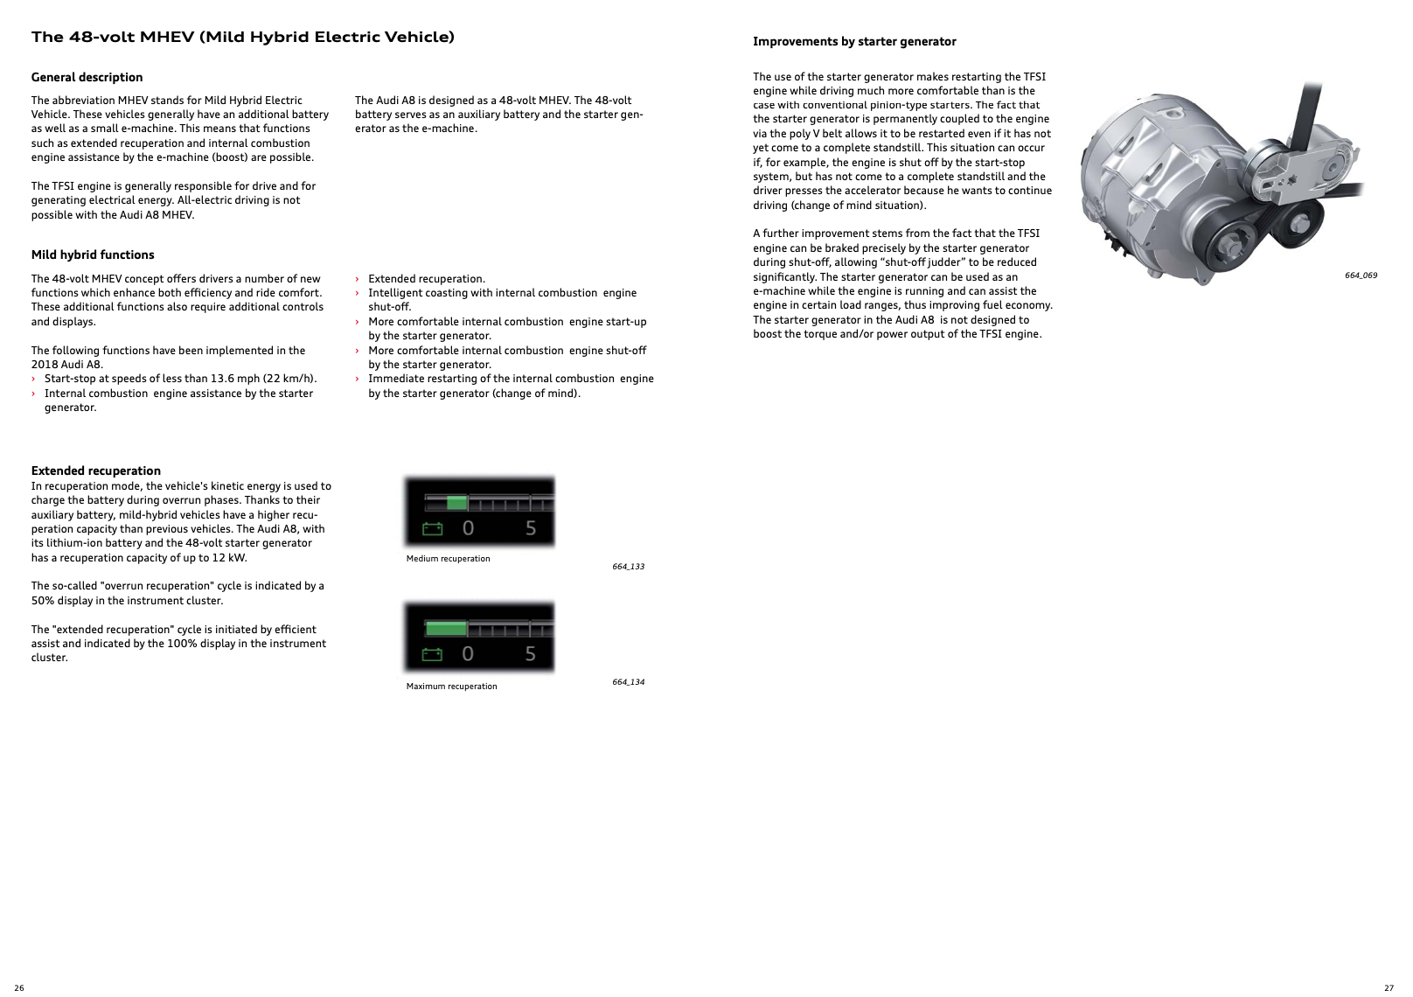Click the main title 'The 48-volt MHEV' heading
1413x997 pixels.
coord(243,37)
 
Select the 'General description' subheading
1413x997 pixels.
coord(87,77)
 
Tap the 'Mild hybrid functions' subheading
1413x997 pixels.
coord(93,254)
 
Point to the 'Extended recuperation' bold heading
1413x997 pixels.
coord(96,471)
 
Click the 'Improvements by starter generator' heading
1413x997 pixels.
coord(854,41)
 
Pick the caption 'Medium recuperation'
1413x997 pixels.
coord(448,559)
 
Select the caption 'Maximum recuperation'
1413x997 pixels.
coord(451,687)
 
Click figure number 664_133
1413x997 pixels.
coord(628,567)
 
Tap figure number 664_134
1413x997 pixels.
coord(628,682)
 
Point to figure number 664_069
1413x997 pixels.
coord(1361,275)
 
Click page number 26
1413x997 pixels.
coord(19,988)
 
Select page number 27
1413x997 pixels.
coord(1389,988)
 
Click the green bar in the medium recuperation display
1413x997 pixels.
coord(456,503)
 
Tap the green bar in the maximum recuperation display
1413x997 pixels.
coord(446,629)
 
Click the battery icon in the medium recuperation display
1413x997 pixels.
coord(433,528)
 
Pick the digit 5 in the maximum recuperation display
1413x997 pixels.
coord(531,654)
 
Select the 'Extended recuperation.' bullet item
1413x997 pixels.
coord(426,279)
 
